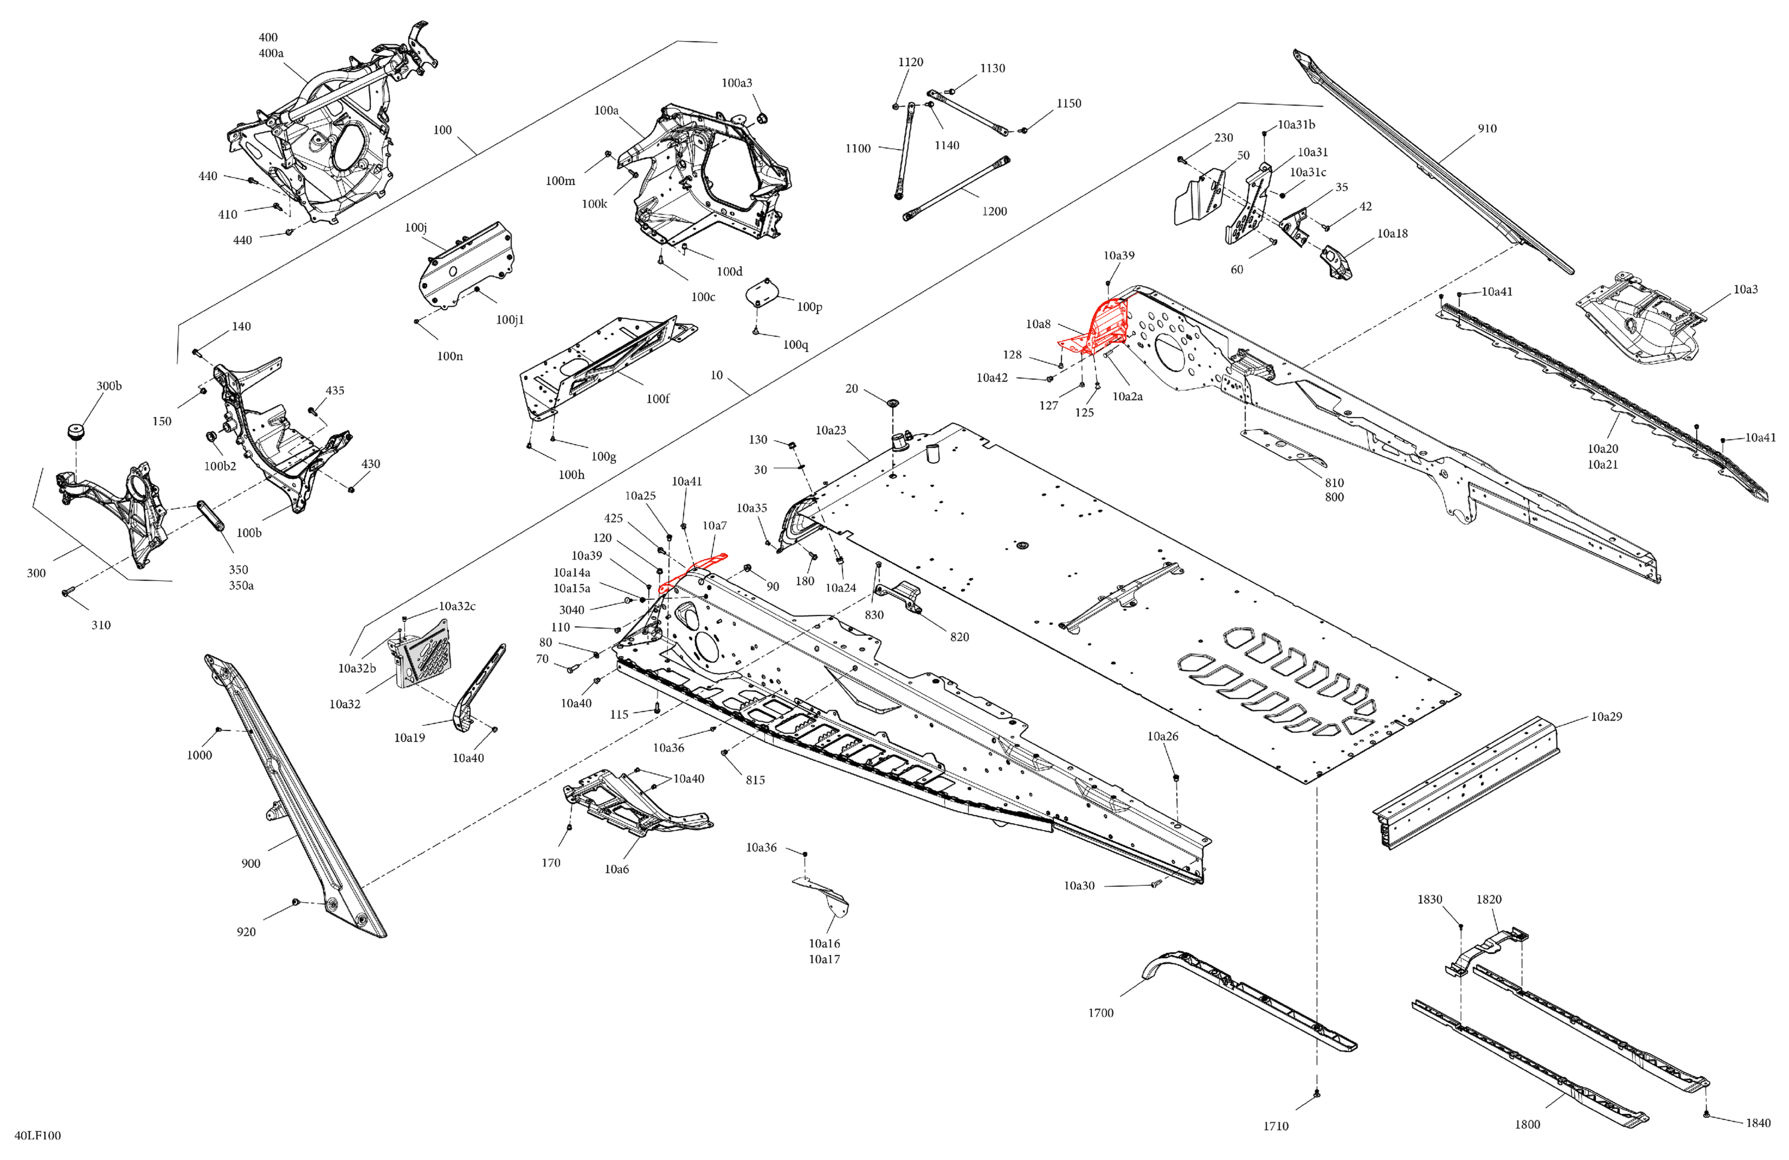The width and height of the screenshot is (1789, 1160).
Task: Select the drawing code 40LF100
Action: (38, 1135)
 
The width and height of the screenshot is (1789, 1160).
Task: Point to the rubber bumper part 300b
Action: (75, 432)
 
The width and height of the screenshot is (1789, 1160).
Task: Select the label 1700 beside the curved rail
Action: (1100, 1013)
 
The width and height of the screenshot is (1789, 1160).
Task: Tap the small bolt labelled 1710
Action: (1316, 1096)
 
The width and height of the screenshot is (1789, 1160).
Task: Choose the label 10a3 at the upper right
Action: (1745, 289)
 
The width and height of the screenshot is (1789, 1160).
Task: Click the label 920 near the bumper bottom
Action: (246, 932)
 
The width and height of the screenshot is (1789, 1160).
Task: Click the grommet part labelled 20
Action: (893, 404)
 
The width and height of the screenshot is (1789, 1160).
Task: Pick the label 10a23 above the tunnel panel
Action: (831, 430)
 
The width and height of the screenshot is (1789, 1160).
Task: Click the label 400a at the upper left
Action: (271, 53)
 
